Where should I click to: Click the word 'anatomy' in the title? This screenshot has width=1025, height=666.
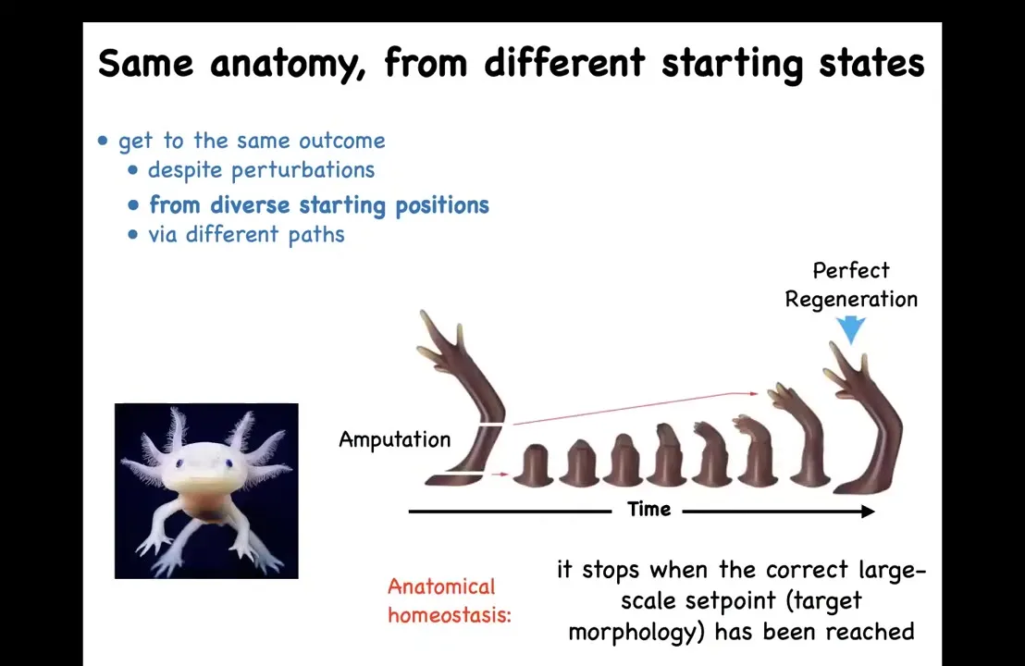[x=288, y=65]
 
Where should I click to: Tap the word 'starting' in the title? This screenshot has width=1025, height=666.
[x=732, y=65]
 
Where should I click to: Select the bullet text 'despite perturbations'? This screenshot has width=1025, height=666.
[x=261, y=170]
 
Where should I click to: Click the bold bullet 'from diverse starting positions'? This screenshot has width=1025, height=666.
[x=319, y=205]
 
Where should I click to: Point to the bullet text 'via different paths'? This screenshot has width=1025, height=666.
[x=246, y=234]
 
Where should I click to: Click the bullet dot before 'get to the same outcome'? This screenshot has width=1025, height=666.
[x=103, y=141]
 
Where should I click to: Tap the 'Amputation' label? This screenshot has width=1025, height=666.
[x=395, y=440]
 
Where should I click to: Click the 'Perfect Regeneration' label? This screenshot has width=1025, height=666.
[x=851, y=285]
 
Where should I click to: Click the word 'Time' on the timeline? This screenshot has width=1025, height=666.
[x=649, y=509]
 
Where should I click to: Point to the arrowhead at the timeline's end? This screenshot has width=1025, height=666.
[x=869, y=512]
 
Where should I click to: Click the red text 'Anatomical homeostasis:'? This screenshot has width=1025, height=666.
[x=449, y=600]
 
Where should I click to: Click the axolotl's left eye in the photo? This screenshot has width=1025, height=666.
[x=179, y=463]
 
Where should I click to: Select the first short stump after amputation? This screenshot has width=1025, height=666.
[x=536, y=466]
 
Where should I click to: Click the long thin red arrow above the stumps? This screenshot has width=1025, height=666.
[x=636, y=409]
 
